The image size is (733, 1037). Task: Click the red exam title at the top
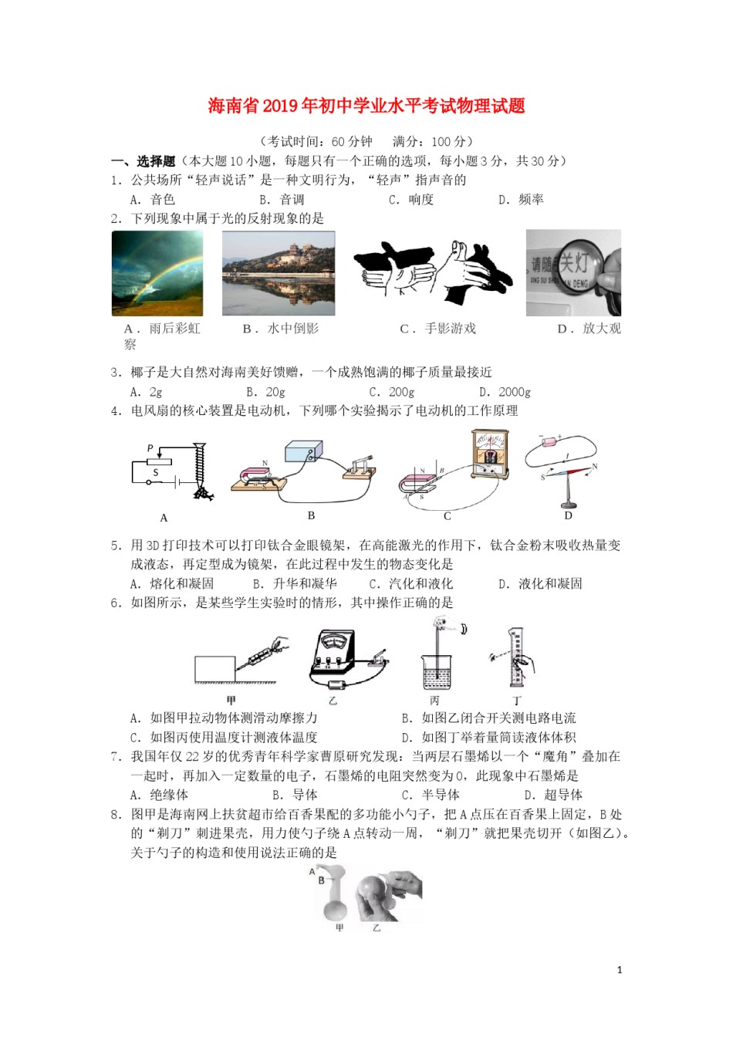[366, 106]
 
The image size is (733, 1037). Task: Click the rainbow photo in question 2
[157, 273]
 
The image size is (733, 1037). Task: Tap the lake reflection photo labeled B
[279, 273]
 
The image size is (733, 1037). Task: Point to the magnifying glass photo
[573, 272]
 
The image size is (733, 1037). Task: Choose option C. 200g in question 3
[392, 392]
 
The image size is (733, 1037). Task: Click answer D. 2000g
[505, 392]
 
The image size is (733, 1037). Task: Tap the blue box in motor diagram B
[303, 452]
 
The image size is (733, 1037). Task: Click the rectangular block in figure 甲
[215, 669]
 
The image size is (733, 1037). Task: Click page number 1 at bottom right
[620, 970]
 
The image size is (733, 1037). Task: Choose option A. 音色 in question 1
[153, 200]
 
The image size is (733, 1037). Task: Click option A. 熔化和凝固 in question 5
[172, 584]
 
